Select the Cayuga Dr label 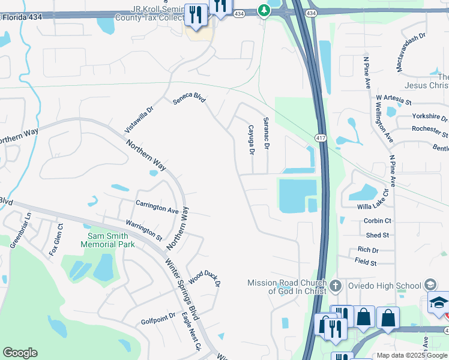coord(252,140)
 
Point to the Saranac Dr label coord(267,137)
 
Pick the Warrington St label coord(144,230)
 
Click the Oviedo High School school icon coord(430,284)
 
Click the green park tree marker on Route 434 coord(264,10)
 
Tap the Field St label coord(366,263)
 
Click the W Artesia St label coord(395,97)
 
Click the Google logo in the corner coord(20,353)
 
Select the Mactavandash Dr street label coord(411,52)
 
